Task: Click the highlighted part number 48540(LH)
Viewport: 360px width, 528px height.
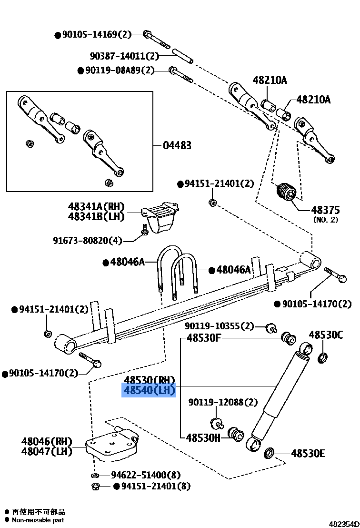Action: click(150, 391)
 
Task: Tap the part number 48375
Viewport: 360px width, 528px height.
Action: click(325, 210)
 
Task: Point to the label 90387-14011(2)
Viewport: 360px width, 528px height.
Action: click(124, 56)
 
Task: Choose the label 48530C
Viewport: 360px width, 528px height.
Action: click(325, 335)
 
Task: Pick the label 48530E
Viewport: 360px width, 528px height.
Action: click(308, 453)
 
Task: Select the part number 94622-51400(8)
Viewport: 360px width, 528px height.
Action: click(146, 475)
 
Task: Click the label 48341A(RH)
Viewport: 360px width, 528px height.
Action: click(96, 206)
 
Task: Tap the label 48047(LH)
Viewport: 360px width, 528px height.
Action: click(46, 451)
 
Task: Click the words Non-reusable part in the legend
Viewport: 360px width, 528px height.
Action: click(38, 520)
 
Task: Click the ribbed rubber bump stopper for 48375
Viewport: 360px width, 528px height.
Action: click(287, 193)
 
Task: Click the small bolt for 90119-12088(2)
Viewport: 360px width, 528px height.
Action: click(217, 422)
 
